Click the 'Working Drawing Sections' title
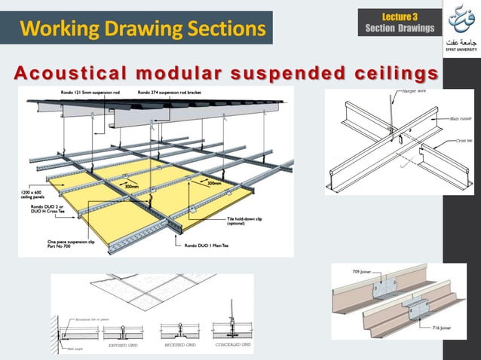(x=142, y=29)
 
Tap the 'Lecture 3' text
(x=400, y=16)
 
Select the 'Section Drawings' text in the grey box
(x=400, y=29)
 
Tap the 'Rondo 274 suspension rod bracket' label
(x=173, y=93)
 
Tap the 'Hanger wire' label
(x=406, y=92)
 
